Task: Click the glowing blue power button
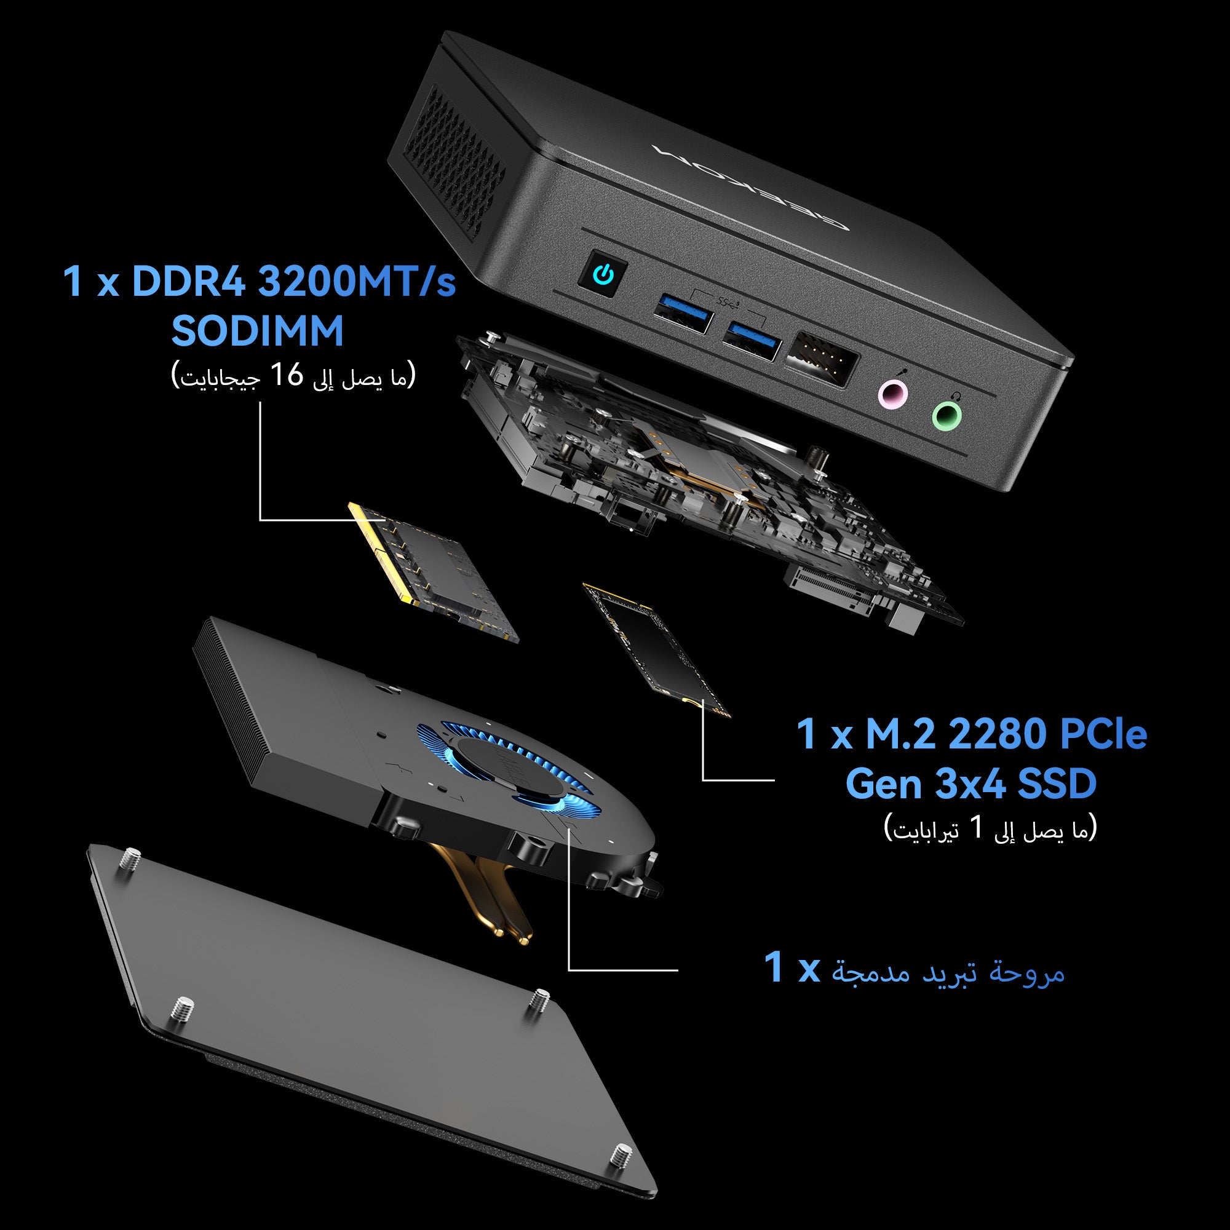coord(603,276)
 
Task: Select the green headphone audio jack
coord(946,416)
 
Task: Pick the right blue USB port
coord(752,341)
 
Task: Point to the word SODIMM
coord(257,330)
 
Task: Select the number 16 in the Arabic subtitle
coord(287,375)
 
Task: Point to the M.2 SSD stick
coord(656,649)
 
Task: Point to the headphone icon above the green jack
coord(955,396)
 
